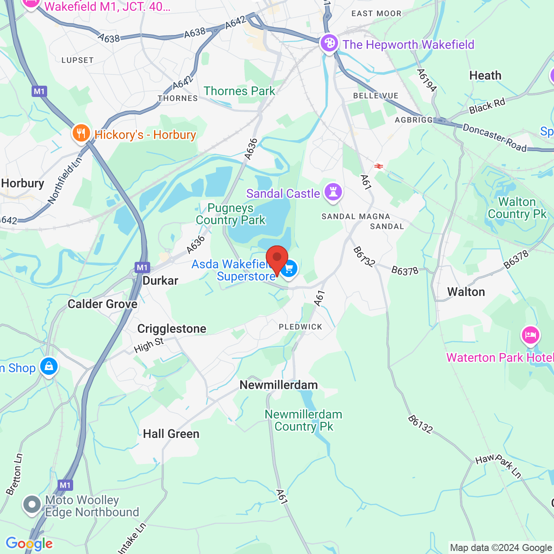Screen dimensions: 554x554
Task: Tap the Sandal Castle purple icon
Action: [x=333, y=192]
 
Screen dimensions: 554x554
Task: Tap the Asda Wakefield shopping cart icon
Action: [x=289, y=269]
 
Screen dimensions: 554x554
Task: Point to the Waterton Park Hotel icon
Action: [x=531, y=335]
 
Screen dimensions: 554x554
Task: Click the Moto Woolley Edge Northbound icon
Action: [x=32, y=505]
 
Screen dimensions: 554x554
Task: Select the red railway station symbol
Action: [x=379, y=166]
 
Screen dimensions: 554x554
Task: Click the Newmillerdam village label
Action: [x=279, y=385]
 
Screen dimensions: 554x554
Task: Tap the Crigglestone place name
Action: [x=172, y=329]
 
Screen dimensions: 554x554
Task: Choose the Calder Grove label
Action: [x=103, y=304]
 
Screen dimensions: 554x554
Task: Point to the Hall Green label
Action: [x=171, y=434]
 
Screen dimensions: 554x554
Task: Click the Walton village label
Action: [x=466, y=292]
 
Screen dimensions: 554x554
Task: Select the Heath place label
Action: [x=485, y=76]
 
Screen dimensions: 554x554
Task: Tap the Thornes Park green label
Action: [x=239, y=91]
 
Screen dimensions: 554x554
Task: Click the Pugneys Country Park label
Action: [x=230, y=214]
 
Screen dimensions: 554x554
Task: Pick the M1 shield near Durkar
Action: [x=142, y=267]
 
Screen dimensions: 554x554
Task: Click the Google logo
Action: [x=29, y=544]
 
